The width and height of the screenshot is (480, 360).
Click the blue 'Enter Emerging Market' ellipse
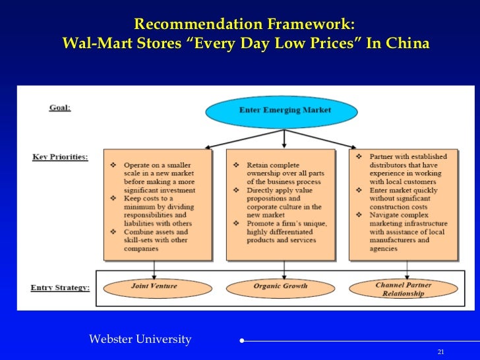point(284,110)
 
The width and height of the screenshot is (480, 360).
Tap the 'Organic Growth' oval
point(280,286)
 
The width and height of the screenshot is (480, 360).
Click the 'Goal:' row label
point(59,107)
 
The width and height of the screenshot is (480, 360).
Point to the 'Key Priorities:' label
point(59,158)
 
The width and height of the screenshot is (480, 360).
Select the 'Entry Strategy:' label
point(59,287)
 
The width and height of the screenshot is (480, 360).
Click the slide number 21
point(441,351)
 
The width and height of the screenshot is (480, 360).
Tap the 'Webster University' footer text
point(140,340)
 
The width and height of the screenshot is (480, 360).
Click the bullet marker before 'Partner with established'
point(358,157)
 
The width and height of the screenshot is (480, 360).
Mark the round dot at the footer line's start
point(243,342)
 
